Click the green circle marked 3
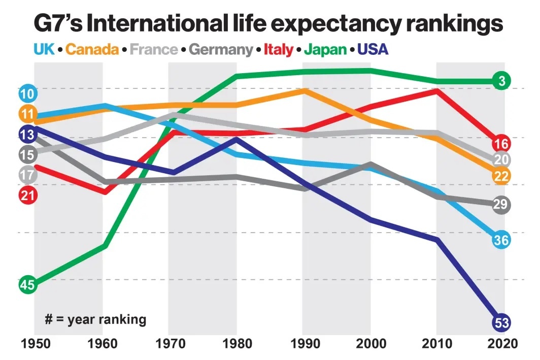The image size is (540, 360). pyautogui.click(x=501, y=81)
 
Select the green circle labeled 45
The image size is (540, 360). pyautogui.click(x=27, y=285)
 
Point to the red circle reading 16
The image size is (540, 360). pyautogui.click(x=501, y=143)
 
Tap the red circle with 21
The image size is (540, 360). pyautogui.click(x=27, y=194)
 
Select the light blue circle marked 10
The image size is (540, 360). pyautogui.click(x=27, y=94)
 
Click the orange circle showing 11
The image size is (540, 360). pyautogui.click(x=27, y=114)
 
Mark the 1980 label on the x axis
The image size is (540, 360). pyautogui.click(x=236, y=343)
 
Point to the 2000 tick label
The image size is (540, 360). pyautogui.click(x=370, y=343)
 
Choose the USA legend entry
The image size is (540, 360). pyautogui.click(x=373, y=50)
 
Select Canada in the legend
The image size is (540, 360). pyautogui.click(x=92, y=50)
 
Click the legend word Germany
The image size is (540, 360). pyautogui.click(x=221, y=50)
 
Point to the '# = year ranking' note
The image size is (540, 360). pyautogui.click(x=95, y=319)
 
